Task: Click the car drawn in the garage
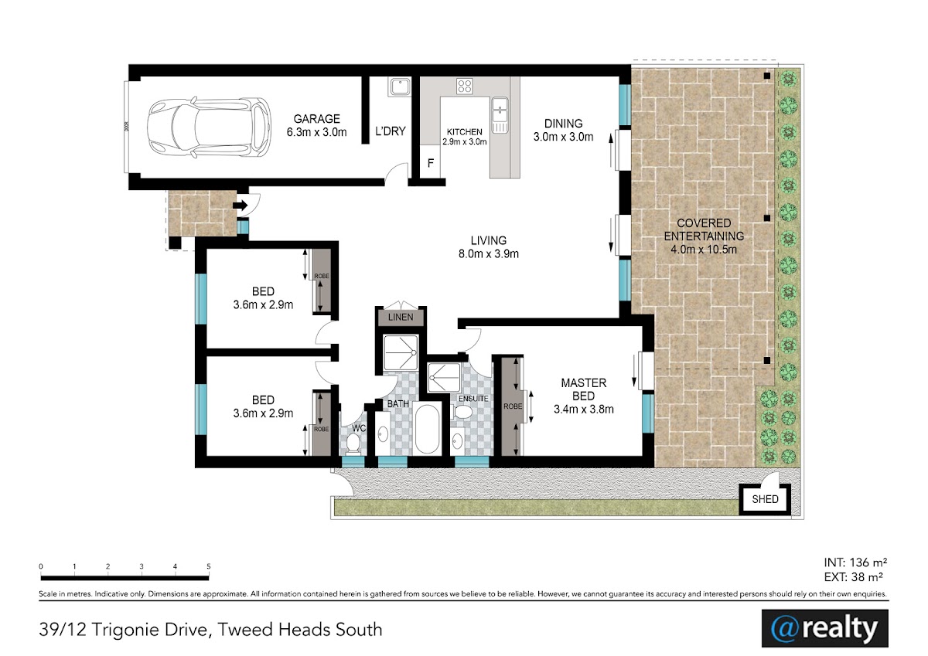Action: [210, 127]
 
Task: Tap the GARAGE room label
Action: [317, 119]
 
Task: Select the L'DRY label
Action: [391, 131]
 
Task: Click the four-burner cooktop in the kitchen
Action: [465, 87]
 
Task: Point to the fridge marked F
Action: [431, 163]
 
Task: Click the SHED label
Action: [765, 499]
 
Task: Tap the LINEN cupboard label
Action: [401, 317]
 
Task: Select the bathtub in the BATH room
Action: [427, 428]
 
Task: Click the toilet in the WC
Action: [353, 443]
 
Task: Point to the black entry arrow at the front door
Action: [241, 205]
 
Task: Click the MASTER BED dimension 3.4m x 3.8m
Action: [584, 410]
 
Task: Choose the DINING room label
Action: [564, 124]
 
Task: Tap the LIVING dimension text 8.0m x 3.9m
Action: [489, 253]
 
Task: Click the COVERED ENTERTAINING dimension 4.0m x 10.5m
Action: [704, 250]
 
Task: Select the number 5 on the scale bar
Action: [208, 566]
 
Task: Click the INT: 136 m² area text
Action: [855, 563]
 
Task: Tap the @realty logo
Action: [825, 628]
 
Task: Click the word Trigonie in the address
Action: [149, 630]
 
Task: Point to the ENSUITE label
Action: [473, 399]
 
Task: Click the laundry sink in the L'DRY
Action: [400, 87]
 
